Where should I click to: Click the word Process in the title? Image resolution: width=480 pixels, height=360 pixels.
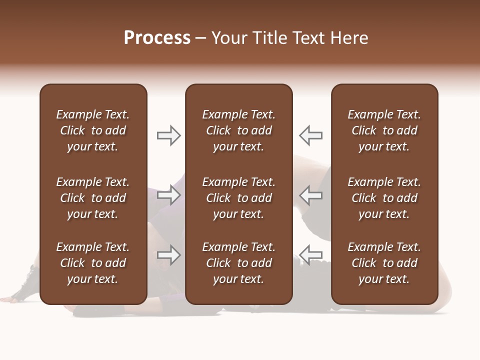click(157, 38)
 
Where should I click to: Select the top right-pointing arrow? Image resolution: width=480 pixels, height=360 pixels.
click(169, 135)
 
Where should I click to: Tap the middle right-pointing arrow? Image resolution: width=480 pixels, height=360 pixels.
click(169, 195)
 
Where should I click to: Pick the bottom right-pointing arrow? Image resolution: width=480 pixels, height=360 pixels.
click(169, 255)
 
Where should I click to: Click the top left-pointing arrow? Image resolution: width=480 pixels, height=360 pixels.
click(310, 135)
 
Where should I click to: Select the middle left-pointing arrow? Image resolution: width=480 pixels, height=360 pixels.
click(310, 195)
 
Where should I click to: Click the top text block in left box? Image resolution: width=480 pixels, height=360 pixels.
click(93, 130)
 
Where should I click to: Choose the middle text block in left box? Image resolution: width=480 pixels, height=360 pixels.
click(93, 198)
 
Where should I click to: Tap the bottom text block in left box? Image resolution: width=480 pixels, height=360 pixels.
click(93, 263)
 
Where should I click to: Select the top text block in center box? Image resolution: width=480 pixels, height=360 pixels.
click(238, 130)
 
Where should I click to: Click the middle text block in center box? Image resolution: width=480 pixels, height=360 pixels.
click(238, 198)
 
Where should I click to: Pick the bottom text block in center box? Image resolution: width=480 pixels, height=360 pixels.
click(238, 263)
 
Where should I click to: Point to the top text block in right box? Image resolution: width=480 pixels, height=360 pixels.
click(384, 130)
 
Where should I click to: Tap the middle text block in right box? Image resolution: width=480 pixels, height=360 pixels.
click(384, 198)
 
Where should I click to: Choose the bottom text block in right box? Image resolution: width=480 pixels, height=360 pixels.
click(384, 263)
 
